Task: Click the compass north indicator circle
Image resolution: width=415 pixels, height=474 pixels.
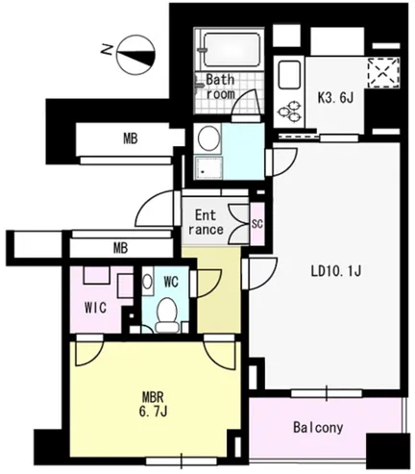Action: (x=136, y=54)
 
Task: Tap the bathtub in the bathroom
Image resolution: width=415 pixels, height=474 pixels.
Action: (x=232, y=50)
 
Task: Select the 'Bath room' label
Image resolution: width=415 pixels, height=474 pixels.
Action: (x=220, y=87)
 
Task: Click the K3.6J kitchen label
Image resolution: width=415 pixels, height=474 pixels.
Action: (x=335, y=98)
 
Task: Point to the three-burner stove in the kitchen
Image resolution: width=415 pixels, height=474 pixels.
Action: (x=289, y=112)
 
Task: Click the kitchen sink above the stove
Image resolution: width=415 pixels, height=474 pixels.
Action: (x=289, y=75)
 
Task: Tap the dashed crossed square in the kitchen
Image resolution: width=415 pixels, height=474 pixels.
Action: (x=383, y=73)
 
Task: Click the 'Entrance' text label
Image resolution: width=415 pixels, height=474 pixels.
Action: (x=206, y=222)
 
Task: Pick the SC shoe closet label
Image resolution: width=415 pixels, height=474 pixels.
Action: (x=257, y=224)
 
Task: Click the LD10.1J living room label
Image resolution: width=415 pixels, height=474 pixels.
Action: (x=336, y=272)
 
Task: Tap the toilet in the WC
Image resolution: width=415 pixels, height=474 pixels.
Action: (x=167, y=315)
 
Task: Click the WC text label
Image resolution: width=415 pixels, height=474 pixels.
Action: (x=171, y=282)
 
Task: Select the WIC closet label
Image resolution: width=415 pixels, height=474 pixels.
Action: (x=95, y=308)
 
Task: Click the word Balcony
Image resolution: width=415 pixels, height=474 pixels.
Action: (x=318, y=428)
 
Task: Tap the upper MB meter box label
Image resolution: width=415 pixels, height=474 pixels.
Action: (x=131, y=138)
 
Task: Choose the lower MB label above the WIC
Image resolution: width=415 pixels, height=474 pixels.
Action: (x=120, y=248)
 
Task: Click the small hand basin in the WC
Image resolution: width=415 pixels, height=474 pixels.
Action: (x=147, y=283)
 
